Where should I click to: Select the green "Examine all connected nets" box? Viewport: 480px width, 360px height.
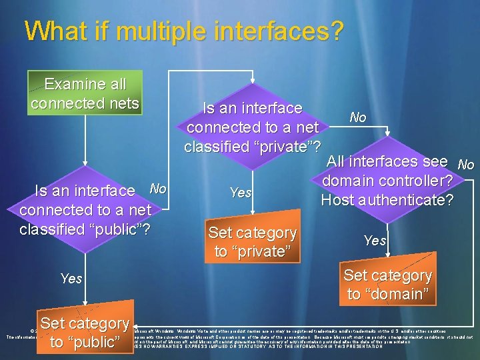point(85,94)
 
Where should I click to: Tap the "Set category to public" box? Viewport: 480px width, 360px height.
point(84,333)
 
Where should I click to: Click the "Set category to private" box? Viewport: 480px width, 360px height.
point(252,242)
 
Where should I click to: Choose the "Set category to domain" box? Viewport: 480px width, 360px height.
point(387,285)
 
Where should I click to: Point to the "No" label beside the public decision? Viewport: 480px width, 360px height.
point(157,188)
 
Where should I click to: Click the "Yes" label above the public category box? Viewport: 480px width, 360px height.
point(71,278)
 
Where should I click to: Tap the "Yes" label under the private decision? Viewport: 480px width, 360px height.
point(240,193)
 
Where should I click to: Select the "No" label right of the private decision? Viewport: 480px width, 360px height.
point(358,117)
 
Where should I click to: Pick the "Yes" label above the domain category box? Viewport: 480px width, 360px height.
point(375,240)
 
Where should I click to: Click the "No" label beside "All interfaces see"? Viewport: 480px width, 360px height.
point(466,164)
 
